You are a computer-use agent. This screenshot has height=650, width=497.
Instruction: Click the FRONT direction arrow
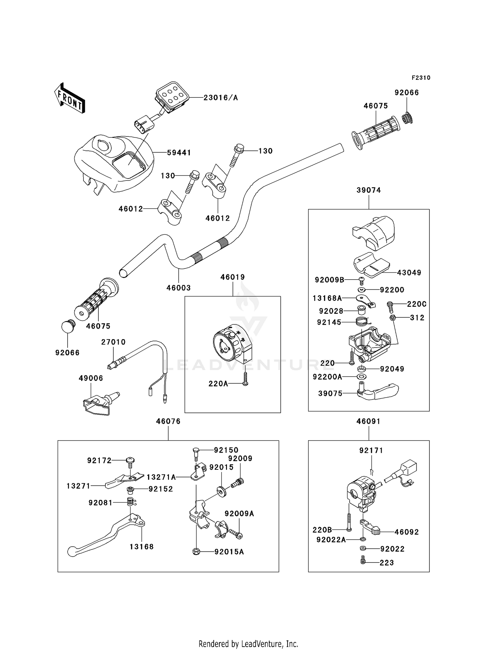(x=70, y=98)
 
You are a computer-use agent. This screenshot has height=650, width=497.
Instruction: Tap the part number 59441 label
(x=179, y=153)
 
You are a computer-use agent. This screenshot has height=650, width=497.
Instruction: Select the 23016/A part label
(x=221, y=98)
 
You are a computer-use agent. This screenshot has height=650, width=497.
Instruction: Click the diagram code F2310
(x=421, y=78)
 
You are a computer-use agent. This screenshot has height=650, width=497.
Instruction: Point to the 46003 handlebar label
(x=179, y=288)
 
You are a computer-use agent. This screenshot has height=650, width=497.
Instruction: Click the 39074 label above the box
(x=369, y=190)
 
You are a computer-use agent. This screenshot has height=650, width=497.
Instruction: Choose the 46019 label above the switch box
(x=233, y=277)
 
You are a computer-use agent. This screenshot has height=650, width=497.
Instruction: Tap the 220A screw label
(x=218, y=384)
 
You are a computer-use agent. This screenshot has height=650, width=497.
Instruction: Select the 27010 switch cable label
(x=113, y=342)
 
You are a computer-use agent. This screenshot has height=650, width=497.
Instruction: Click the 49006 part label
(x=91, y=378)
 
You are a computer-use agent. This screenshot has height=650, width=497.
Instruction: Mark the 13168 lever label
(x=141, y=547)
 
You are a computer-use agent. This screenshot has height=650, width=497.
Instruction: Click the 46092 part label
(x=407, y=532)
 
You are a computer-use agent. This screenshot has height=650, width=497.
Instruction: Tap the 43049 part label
(x=409, y=273)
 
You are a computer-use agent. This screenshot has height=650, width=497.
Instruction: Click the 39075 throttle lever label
(x=330, y=394)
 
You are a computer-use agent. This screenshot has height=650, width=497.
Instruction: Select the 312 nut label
(x=417, y=318)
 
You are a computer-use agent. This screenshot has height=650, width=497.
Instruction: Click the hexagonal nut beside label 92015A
(x=196, y=552)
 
